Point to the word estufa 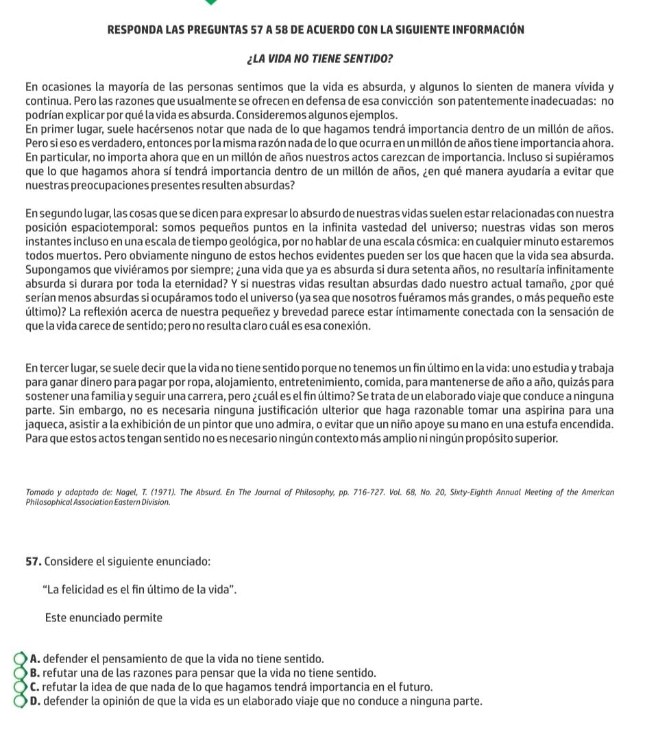pyautogui.click(x=552, y=425)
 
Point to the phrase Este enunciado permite pyautogui.click(x=104, y=617)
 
